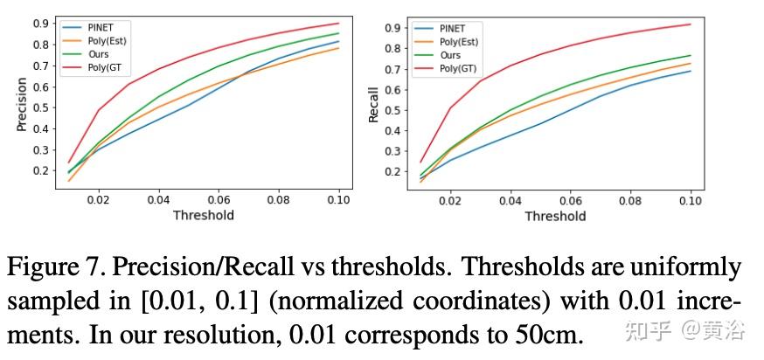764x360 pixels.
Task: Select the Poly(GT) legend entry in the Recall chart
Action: coord(458,67)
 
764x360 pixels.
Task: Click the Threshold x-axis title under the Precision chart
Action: coord(203,215)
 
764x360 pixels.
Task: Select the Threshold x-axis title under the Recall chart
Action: coord(555,216)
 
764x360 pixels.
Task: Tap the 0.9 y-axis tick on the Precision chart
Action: coord(39,24)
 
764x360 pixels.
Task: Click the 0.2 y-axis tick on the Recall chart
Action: coord(391,171)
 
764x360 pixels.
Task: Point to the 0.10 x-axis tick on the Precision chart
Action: coord(338,200)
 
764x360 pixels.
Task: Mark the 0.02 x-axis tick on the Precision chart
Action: coord(99,200)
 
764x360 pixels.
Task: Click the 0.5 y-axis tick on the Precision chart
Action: coord(39,107)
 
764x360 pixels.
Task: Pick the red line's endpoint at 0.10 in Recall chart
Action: coord(691,24)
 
